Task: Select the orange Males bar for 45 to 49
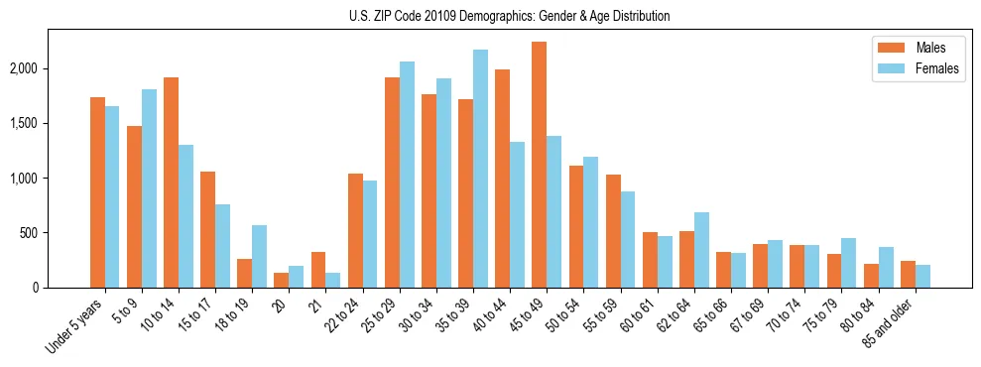coord(539,165)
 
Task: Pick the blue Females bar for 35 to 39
coord(480,169)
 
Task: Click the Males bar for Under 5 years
coord(97,192)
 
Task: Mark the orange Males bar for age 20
coord(281,280)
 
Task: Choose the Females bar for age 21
coord(332,280)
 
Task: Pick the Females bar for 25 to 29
coord(407,175)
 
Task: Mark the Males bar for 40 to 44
coord(502,179)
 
